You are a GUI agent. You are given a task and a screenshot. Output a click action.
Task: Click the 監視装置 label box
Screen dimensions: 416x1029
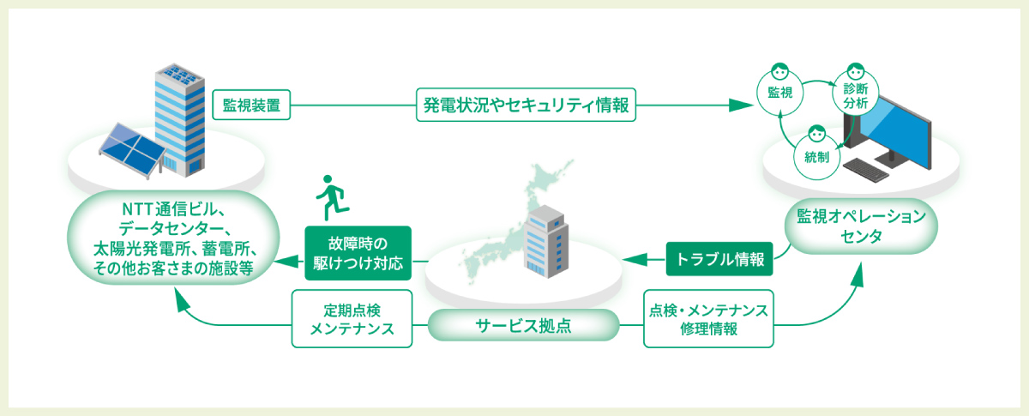252,106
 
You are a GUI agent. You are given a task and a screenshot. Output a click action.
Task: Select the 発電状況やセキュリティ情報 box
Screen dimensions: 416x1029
527,106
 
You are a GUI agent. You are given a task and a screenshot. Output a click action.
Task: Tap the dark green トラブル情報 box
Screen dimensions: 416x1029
719,257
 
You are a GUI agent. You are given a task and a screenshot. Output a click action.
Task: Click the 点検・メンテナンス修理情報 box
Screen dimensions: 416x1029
708,318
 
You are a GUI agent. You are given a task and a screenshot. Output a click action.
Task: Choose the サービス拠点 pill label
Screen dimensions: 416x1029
523,326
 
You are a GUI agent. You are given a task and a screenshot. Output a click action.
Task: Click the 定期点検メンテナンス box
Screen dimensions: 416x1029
352,318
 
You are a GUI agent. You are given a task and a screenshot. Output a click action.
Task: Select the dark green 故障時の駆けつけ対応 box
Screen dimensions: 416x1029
358,251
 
